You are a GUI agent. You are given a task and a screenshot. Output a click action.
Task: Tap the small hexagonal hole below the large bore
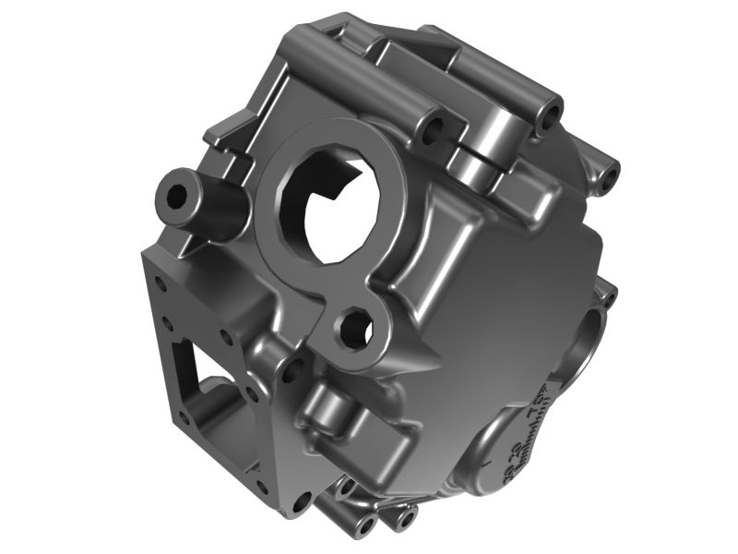pos(354,330)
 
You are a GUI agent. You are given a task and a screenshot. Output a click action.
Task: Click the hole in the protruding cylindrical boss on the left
pos(174,197)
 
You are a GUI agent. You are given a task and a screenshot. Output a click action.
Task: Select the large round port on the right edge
pos(588,342)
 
